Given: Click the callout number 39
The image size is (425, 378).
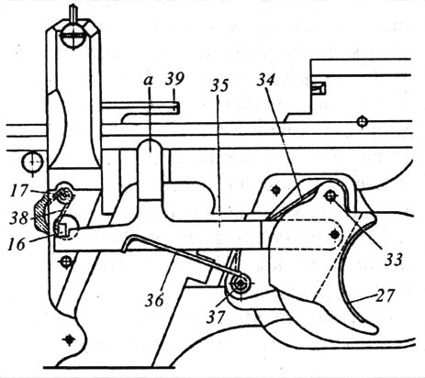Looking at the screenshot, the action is pos(175,79).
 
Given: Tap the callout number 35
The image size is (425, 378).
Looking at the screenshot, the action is pos(219,85).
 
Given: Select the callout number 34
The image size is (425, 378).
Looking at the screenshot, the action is pos(265,80).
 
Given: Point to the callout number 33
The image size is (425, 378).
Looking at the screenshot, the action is pos(393,260).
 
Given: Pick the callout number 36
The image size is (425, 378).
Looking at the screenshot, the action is pos(154,300).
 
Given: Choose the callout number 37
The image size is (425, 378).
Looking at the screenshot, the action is pos(216,317).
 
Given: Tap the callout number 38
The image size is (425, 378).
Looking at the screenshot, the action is pos(18,218).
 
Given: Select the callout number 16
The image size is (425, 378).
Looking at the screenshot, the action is pos(17,244).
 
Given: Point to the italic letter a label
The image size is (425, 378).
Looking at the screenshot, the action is pos(149,81).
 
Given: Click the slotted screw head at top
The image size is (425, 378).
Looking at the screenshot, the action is pos(73,36).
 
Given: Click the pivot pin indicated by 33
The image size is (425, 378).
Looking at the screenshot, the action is pos(330,196).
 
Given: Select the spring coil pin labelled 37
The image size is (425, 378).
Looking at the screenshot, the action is pos(240,284).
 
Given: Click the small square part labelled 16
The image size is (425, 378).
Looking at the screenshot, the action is pos(62,228).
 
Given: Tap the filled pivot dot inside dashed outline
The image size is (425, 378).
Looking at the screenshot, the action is pos(335,234).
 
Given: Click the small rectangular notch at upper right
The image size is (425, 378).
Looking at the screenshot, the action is pos(319,88).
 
